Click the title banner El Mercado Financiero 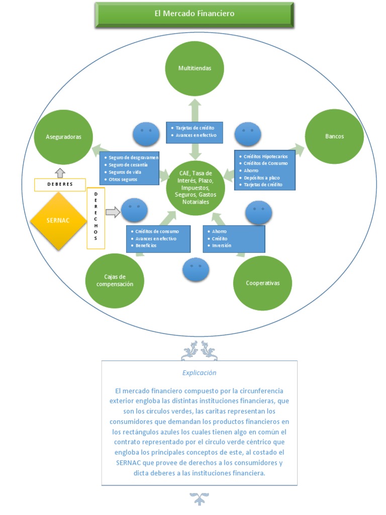[195, 14]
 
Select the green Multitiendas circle [195, 68]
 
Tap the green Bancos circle [334, 136]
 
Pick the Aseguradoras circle [63, 137]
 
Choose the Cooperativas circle [262, 283]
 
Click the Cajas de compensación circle [115, 281]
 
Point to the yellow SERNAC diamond [58, 221]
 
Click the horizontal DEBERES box [60, 185]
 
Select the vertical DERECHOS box [96, 218]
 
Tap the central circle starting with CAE [196, 188]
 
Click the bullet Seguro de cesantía [128, 165]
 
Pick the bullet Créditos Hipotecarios [265, 157]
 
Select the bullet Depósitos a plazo [261, 178]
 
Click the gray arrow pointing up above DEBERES [60, 173]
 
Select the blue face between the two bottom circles [196, 270]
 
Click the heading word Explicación [199, 373]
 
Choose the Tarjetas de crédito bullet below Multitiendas [195, 128]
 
